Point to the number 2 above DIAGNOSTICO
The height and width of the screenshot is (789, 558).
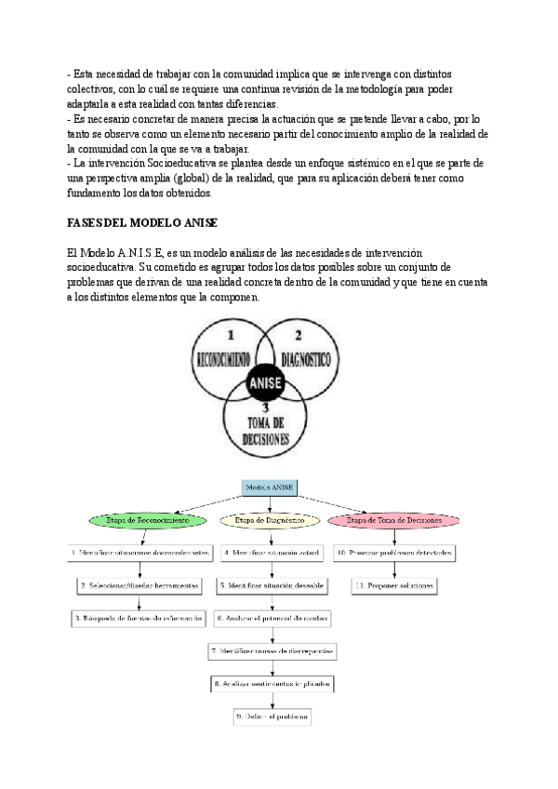click(299, 333)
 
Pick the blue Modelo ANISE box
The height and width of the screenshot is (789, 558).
click(270, 487)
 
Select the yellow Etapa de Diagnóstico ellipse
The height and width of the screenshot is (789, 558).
click(270, 521)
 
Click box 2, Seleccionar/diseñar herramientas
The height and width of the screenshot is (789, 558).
click(139, 585)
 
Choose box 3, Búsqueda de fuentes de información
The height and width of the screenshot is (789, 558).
click(138, 618)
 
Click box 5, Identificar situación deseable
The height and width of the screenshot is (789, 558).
click(272, 585)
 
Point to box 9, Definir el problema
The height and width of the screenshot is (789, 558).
click(272, 717)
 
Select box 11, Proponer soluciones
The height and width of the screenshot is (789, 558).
click(394, 585)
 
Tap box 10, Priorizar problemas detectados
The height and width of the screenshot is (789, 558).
click(394, 553)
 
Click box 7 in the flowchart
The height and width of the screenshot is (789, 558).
click(272, 651)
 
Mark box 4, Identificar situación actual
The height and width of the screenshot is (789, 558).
click(272, 553)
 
